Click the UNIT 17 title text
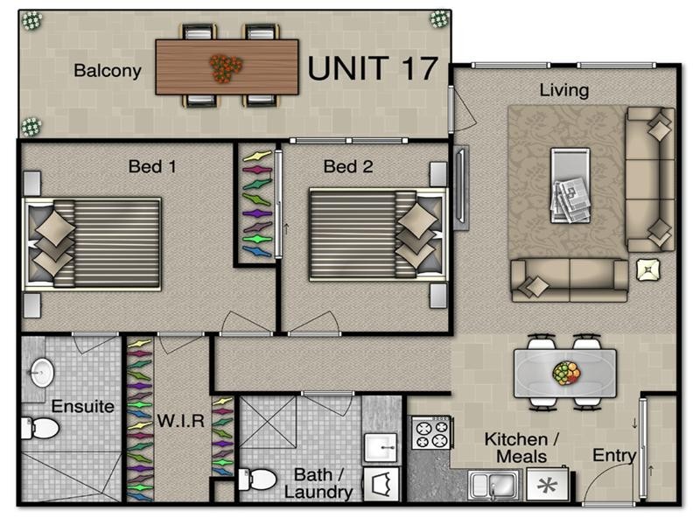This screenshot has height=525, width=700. (x=373, y=67)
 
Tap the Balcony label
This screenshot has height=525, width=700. (x=107, y=71)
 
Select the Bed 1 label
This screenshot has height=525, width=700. (x=152, y=166)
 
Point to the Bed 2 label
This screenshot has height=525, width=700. (x=347, y=166)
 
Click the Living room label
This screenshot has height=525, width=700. (x=563, y=90)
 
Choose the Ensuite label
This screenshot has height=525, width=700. (x=82, y=407)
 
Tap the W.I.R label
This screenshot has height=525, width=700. (x=181, y=421)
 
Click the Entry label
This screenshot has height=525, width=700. (x=613, y=456)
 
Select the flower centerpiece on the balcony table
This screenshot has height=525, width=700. (x=227, y=67)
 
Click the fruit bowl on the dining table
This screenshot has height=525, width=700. (x=566, y=374)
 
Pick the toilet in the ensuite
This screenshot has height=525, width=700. (x=41, y=428)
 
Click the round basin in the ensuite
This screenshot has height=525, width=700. (x=42, y=372)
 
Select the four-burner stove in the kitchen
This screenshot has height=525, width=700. (x=430, y=433)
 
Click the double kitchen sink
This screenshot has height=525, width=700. (x=494, y=484)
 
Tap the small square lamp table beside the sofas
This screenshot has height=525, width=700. (x=648, y=270)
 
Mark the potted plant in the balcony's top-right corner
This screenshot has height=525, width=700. (x=438, y=18)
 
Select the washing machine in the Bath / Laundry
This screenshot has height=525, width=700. (x=381, y=484)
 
